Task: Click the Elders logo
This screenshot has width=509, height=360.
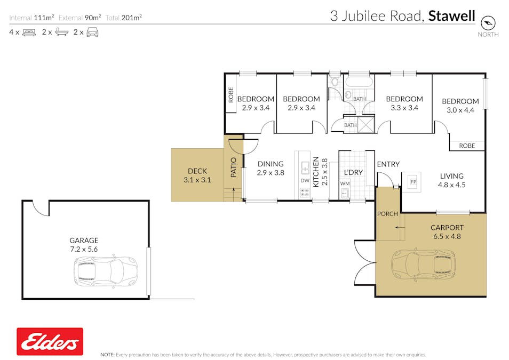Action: [50, 341]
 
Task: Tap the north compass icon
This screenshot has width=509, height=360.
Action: [488, 22]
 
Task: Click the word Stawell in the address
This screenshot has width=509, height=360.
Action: [452, 17]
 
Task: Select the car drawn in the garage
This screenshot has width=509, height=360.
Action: [106, 270]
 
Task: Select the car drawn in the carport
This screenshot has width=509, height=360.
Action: [425, 264]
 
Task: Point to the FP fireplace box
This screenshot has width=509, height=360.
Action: [412, 181]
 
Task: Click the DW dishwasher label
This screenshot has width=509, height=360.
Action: [305, 180]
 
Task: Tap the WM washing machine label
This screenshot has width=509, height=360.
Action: [345, 184]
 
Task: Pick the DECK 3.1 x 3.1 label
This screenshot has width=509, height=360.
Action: [197, 175]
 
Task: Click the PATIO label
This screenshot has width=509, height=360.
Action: [233, 167]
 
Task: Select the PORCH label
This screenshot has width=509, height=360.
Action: [387, 214]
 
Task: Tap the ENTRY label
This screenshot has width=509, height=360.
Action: [388, 164]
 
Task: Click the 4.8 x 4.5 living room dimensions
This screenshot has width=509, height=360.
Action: [452, 186]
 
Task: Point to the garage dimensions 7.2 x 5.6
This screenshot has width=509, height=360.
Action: [84, 249]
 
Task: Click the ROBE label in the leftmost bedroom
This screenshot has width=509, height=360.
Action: [231, 95]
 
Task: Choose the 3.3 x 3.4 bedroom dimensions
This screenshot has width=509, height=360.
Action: [404, 108]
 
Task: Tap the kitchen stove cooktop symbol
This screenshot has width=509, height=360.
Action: [305, 193]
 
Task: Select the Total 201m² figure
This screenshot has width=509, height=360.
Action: [123, 18]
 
